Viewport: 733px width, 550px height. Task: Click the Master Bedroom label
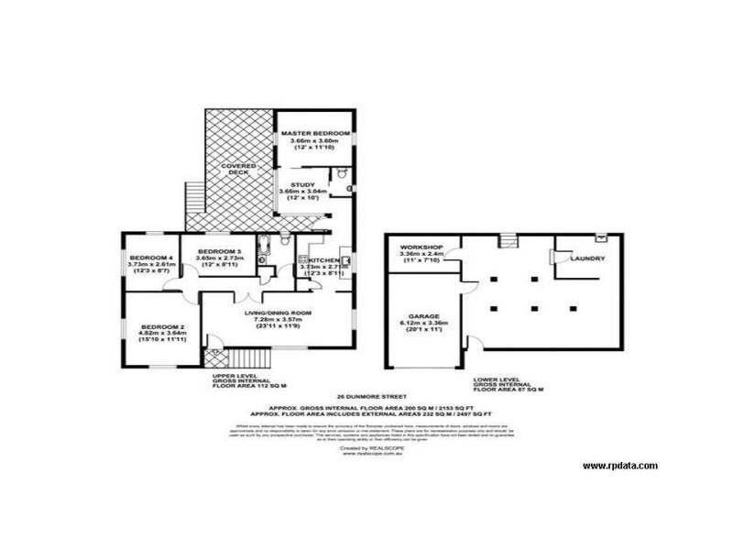[314, 134]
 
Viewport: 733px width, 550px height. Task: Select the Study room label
[302, 183]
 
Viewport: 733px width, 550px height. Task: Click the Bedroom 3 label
[220, 251]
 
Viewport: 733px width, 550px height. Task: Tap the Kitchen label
[322, 261]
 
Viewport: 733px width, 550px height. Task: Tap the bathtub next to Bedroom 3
[264, 248]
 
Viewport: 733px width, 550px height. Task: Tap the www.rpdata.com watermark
[619, 466]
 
